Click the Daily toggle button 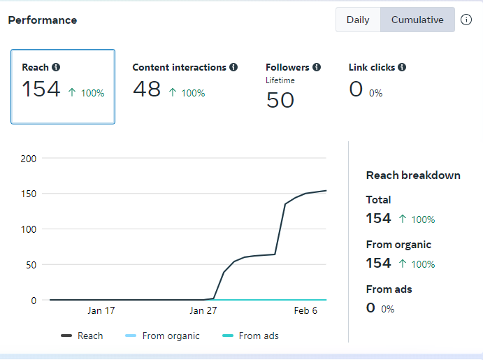coord(358,20)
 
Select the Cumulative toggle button coord(417,20)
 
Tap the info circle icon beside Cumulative coord(466,20)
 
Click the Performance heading coord(43,20)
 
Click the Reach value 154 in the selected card coord(41,89)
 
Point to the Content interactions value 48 coord(147,89)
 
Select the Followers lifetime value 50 coord(280,100)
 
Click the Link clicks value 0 coord(356,89)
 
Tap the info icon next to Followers coord(317,67)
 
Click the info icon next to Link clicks coord(402,67)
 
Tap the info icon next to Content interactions coord(233,67)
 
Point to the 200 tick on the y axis coord(29,158)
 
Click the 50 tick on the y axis coord(31,264)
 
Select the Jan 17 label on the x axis coord(101,310)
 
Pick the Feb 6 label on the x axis coord(305,310)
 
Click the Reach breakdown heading coord(413,175)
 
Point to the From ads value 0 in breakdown coord(370,308)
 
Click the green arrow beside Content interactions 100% coord(172,93)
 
